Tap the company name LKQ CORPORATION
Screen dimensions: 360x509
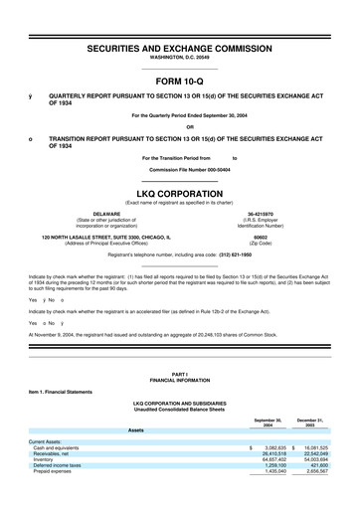tap(180, 194)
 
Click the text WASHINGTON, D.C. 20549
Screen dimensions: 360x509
tap(180, 59)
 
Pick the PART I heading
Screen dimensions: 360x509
tap(180, 373)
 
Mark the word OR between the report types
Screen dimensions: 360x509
tap(180, 125)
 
